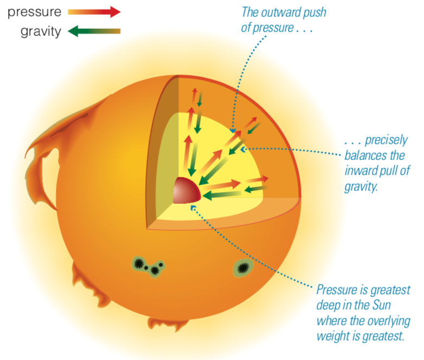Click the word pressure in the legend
33,12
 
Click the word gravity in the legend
41,31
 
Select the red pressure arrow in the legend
94,12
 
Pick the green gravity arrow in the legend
94,31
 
